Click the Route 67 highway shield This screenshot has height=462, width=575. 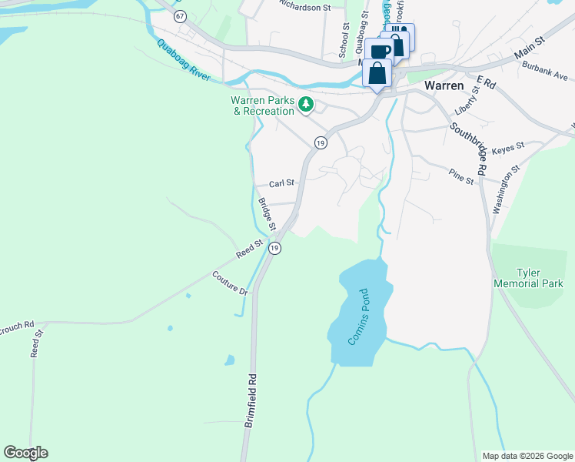[x=180, y=15]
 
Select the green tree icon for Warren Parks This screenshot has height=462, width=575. [x=306, y=103]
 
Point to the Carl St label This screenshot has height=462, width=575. [x=282, y=183]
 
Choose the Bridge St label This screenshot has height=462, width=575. [x=267, y=215]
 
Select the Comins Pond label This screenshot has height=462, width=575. [x=360, y=316]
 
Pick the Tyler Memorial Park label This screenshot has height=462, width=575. [x=539, y=278]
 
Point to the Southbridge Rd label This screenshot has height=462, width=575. [x=469, y=148]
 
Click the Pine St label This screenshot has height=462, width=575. [x=462, y=178]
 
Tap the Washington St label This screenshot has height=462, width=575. [x=507, y=187]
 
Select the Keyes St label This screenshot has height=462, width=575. [x=507, y=146]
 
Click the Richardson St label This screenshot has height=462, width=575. [x=304, y=7]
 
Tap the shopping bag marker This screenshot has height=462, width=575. [x=377, y=75]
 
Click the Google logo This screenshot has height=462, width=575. [x=25, y=453]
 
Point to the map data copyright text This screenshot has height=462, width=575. [x=527, y=456]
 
